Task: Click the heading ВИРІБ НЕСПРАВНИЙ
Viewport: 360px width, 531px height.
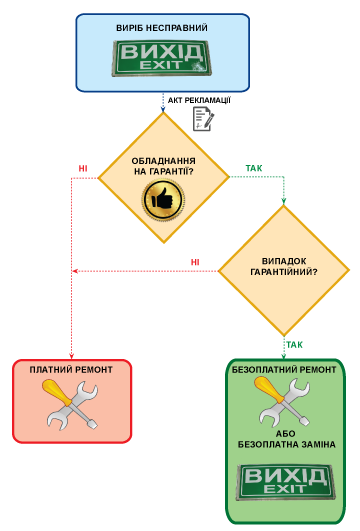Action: click(162, 28)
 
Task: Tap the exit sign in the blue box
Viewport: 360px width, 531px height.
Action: click(162, 58)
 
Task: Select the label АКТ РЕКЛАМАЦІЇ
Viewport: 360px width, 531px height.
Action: click(199, 100)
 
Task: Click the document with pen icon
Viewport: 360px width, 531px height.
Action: click(204, 119)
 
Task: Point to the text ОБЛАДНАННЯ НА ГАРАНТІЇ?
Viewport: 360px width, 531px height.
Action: click(164, 166)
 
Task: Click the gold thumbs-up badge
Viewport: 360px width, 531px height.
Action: click(164, 200)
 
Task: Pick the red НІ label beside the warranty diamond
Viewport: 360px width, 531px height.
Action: click(83, 168)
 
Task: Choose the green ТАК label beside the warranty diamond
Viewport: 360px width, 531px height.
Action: click(254, 168)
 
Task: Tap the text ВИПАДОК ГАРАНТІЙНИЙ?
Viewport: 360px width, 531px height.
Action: click(284, 267)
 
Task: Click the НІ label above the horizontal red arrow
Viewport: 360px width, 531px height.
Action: click(195, 262)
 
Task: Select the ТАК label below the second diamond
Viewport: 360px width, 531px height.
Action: click(294, 345)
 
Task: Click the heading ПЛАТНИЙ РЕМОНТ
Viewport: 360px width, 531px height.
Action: click(71, 369)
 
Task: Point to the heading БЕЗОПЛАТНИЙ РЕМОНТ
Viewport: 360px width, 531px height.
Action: click(284, 369)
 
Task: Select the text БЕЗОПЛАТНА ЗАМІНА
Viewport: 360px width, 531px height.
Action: click(287, 444)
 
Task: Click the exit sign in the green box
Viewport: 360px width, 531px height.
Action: click(286, 483)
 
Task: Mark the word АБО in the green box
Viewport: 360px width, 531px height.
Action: click(285, 434)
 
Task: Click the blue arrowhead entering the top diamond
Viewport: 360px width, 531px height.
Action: click(163, 109)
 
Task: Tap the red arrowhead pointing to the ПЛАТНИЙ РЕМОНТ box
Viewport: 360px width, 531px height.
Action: click(71, 356)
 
